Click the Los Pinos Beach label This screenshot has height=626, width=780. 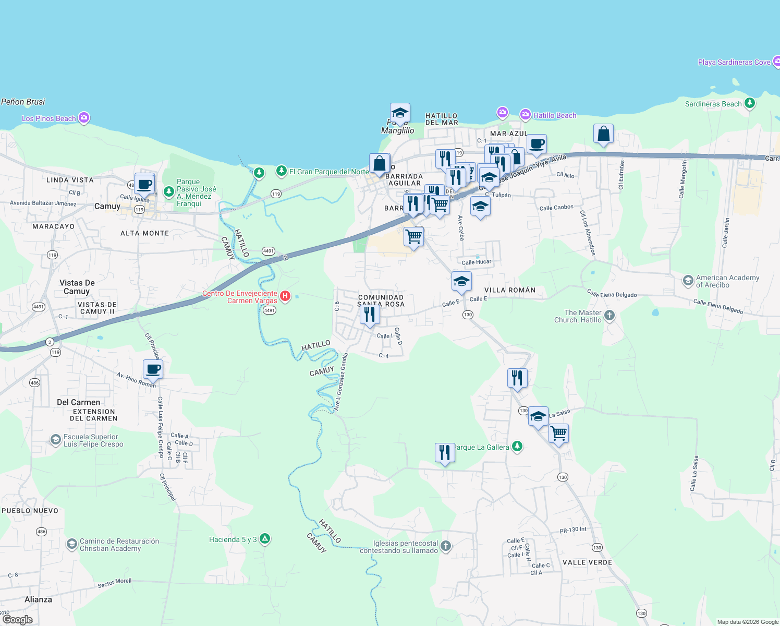[49, 118]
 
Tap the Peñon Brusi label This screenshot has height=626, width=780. [23, 102]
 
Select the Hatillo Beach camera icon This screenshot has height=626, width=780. [526, 115]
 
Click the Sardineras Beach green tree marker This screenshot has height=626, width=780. [750, 103]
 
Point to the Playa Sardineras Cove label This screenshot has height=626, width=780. [734, 62]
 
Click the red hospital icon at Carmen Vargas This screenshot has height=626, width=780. [285, 296]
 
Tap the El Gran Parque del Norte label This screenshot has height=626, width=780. [329, 172]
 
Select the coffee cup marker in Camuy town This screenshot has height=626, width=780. [144, 184]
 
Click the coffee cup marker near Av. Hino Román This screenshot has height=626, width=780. [153, 369]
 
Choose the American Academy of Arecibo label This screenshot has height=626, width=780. [727, 281]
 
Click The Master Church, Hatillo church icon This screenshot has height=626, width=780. [610, 316]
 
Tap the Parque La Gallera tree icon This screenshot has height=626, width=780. [517, 446]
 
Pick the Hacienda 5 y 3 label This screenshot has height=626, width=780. [233, 539]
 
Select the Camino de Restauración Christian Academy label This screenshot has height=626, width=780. [119, 545]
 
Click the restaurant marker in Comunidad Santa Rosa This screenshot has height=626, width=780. [370, 315]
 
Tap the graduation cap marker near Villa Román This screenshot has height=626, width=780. [461, 282]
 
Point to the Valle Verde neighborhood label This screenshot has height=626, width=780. [587, 562]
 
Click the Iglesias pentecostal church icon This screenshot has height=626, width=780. [445, 546]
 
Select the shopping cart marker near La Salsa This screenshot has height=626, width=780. [558, 433]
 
